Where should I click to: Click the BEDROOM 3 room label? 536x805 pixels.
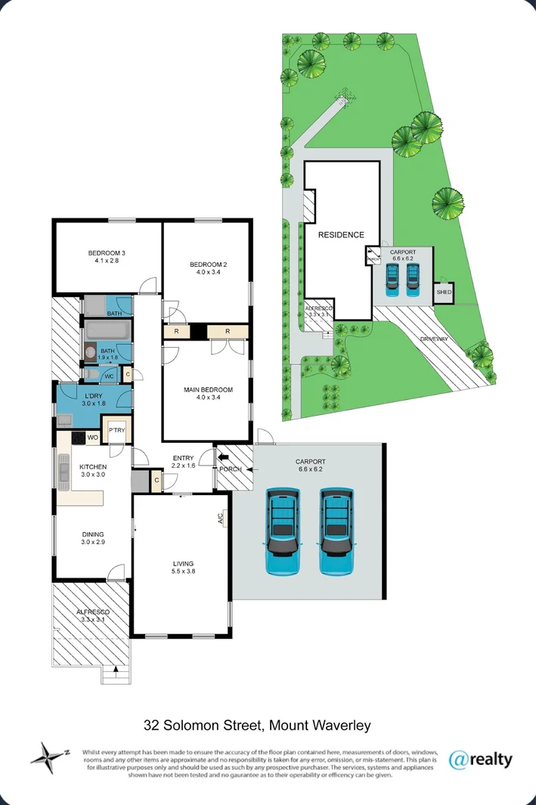coord(106,252)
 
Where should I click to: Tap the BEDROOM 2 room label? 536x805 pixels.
coord(208,264)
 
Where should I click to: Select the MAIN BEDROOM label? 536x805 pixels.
coord(208,390)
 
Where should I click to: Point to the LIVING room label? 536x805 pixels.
coord(182,563)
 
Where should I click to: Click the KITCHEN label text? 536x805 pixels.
coord(93,467)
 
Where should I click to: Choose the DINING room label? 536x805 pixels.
coord(93,534)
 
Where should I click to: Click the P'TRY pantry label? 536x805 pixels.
coord(116,430)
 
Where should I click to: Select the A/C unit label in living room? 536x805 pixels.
coord(221,519)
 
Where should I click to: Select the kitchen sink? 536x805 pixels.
coord(61,472)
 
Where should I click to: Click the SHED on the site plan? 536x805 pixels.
coord(444,292)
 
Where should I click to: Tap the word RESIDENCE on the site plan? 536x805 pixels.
coord(340,235)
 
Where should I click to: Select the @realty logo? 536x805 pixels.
coord(480,758)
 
